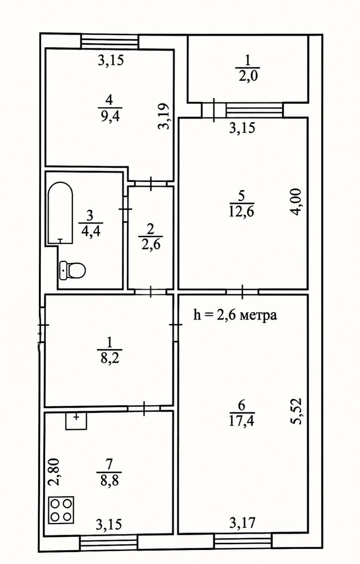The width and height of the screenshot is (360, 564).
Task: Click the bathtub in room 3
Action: click(61, 213)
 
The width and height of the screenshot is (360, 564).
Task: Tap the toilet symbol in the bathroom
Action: click(72, 270)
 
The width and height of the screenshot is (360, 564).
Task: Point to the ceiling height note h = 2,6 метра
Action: click(235, 315)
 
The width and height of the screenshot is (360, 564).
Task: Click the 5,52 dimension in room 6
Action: click(297, 411)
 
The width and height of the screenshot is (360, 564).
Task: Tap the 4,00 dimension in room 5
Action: click(297, 202)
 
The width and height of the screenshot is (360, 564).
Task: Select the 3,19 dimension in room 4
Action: click(164, 117)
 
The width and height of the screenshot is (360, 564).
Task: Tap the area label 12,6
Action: click(241, 211)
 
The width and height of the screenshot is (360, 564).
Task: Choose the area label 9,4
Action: click(110, 117)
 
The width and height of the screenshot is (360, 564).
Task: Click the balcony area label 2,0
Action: click(248, 76)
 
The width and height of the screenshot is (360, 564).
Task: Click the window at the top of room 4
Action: click(110, 41)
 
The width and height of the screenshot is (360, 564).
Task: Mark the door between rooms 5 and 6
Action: click(242, 291)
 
